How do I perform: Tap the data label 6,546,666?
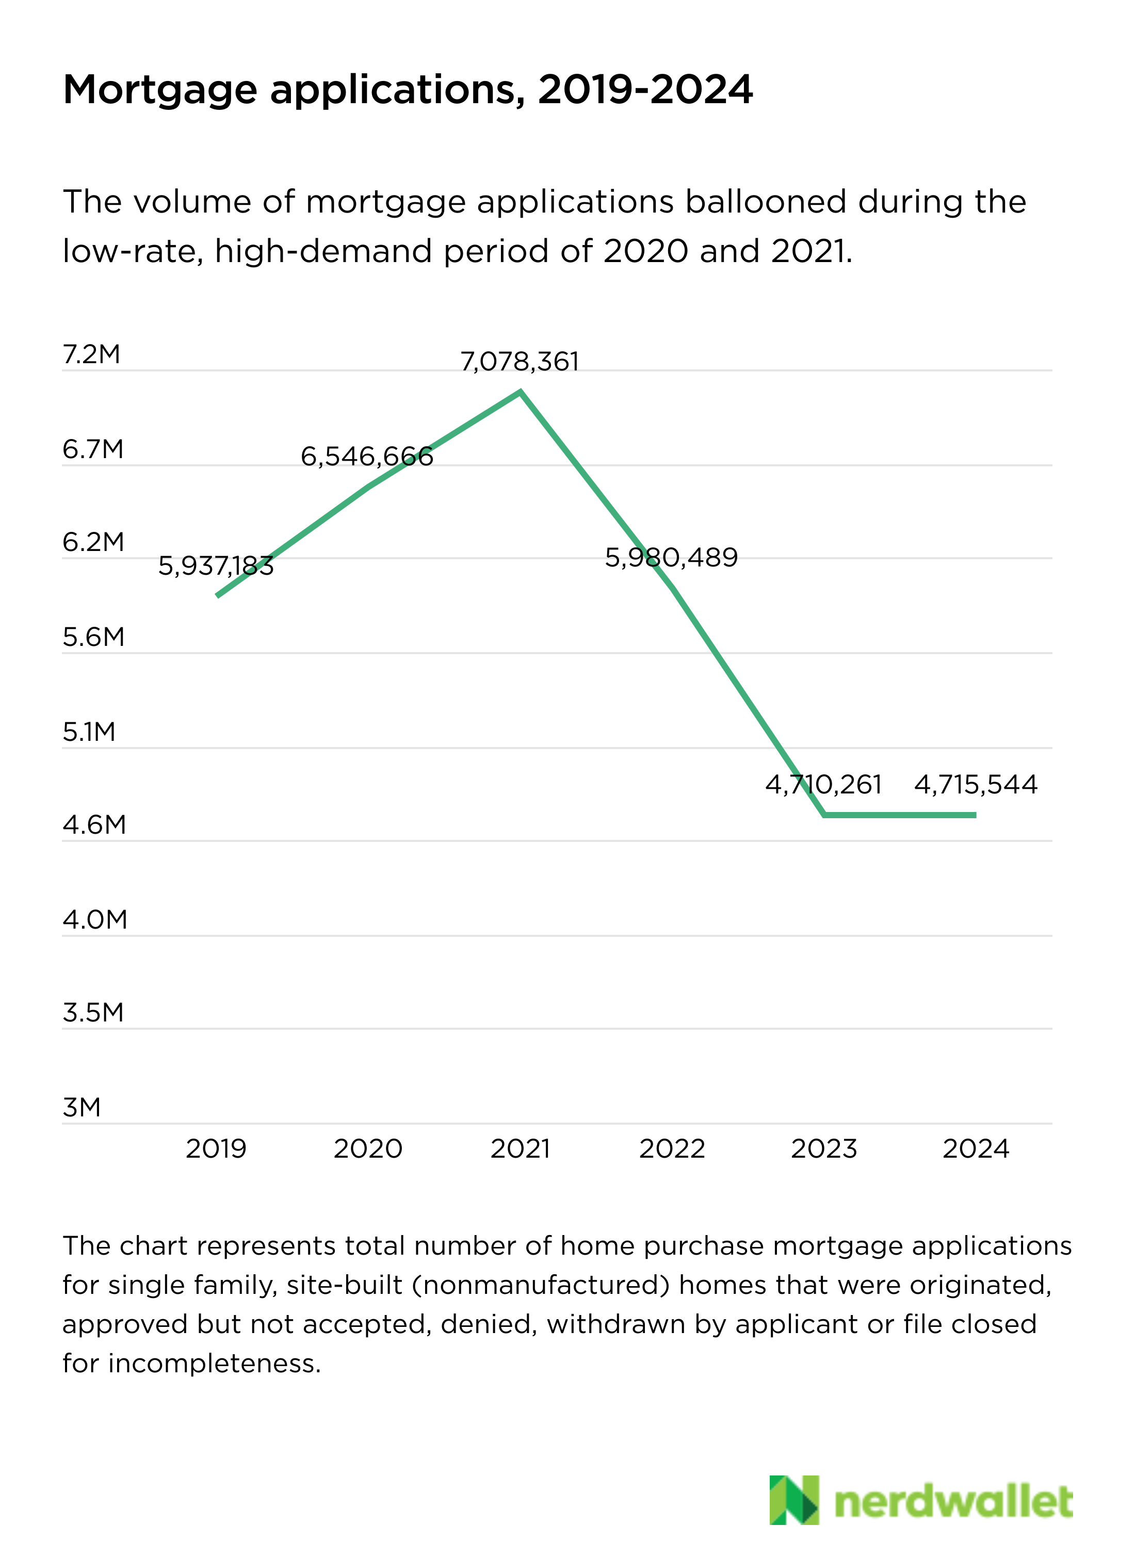(367, 456)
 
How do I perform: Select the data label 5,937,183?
(216, 566)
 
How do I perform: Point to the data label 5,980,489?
(671, 557)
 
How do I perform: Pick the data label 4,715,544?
(976, 785)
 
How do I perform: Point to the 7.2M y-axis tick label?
(91, 354)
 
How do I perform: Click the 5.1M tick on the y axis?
(89, 732)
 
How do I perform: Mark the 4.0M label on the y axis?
(95, 920)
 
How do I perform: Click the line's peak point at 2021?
(521, 392)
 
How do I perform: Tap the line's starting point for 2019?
(218, 595)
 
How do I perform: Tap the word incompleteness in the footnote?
(214, 1364)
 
